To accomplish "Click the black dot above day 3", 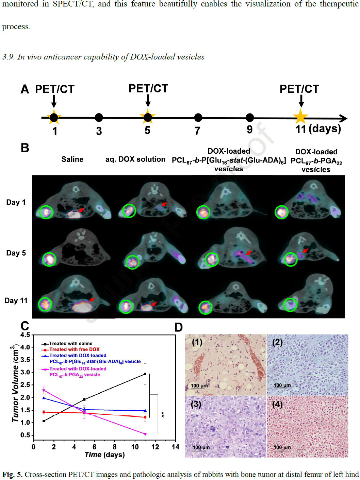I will (x=99, y=118).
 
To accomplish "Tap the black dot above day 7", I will (x=198, y=118).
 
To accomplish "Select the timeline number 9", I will (x=249, y=130).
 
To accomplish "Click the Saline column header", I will (x=72, y=159).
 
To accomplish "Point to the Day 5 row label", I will (x=16, y=253).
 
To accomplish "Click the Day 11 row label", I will (x=16, y=301).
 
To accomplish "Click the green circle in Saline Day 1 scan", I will (x=46, y=212).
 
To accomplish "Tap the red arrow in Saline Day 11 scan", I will (x=92, y=299).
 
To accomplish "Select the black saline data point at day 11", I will (x=145, y=374).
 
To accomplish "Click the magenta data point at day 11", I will (x=145, y=434).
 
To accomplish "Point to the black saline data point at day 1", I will (x=44, y=421).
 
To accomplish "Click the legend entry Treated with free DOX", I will (x=74, y=349).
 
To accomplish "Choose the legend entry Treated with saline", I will (x=70, y=344).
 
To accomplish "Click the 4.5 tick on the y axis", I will (x=26, y=335).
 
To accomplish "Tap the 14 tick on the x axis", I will (x=175, y=447).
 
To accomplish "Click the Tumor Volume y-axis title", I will (x=15, y=384).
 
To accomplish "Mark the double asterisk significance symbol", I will (x=163, y=414).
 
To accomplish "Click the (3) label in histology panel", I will (x=196, y=404).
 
